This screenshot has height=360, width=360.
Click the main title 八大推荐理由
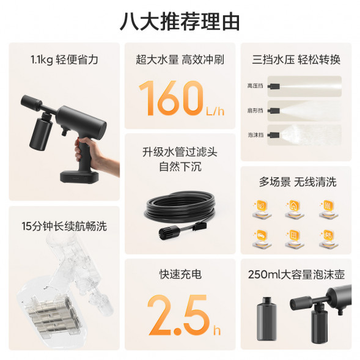(x=180, y=21)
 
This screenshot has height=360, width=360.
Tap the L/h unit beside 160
(x=215, y=111)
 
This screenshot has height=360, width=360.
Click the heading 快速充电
(x=179, y=274)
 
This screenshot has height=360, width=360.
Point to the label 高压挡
(x=254, y=86)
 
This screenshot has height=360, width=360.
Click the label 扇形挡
(x=254, y=111)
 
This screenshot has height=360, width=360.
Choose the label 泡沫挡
(x=254, y=134)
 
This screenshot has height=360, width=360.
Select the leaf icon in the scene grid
(x=260, y=206)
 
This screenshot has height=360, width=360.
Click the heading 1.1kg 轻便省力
(x=64, y=59)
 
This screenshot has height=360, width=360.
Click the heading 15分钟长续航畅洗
(x=64, y=226)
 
